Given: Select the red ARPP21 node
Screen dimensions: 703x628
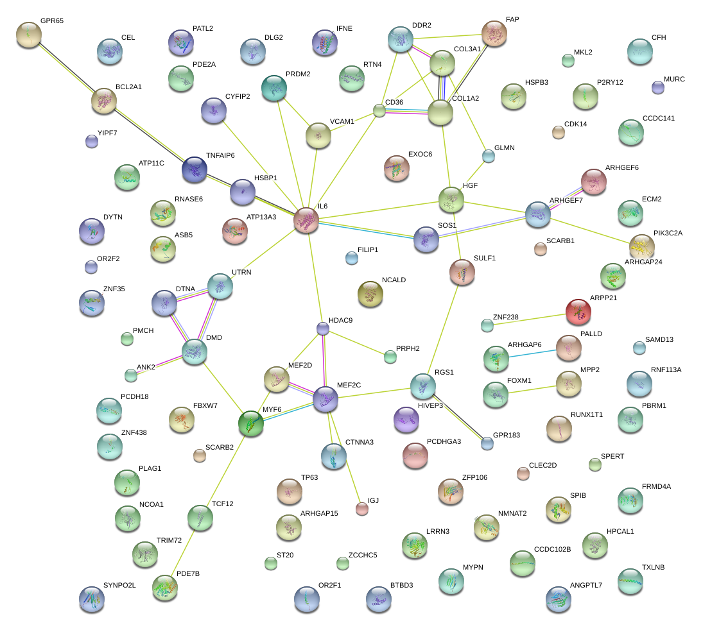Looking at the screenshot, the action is [579, 312].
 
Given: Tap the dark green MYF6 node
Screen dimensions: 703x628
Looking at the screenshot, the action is [251, 424].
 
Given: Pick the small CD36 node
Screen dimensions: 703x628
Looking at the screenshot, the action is [379, 111].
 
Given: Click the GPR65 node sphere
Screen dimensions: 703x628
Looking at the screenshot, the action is [29, 35].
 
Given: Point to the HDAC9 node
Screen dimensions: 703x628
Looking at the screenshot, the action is [323, 328].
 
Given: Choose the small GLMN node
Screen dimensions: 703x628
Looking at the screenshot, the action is [489, 155].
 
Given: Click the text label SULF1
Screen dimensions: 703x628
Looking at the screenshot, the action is [485, 258].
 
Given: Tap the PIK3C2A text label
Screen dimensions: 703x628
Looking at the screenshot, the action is [668, 233].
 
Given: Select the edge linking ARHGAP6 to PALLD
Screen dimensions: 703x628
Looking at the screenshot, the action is [532, 352].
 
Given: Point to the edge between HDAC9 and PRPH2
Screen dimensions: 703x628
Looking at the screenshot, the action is [356, 343].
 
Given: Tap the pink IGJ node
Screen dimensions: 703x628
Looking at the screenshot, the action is [362, 509].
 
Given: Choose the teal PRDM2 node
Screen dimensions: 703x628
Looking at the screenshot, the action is [274, 87].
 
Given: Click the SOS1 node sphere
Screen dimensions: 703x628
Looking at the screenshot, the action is [426, 239].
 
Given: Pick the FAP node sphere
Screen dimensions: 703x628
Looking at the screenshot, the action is [494, 33].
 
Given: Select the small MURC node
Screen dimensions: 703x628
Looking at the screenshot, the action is [657, 87].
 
